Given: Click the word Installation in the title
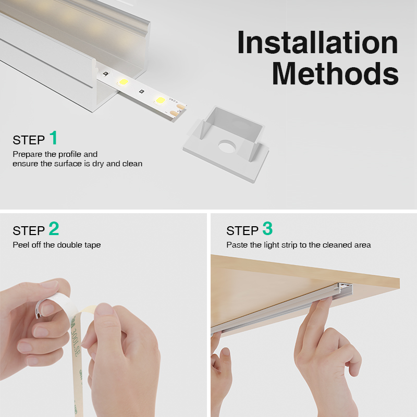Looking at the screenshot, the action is point(317,43).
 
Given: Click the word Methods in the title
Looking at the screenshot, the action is point(335,73).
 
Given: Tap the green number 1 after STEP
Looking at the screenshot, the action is point(54,138).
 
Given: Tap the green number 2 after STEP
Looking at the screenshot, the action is point(54,228).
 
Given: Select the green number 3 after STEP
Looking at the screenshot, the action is point(267,228).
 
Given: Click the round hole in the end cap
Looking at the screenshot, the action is point(227,146).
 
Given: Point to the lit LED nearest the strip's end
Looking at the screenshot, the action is point(161,100).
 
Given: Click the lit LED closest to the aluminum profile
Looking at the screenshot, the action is point(123,82).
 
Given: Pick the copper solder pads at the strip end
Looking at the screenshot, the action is point(178,111).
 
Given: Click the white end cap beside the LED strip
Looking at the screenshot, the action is point(226,144).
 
